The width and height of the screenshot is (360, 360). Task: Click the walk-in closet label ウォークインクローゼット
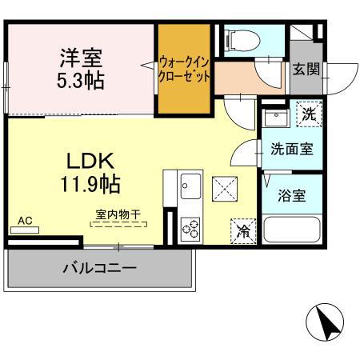click(x=185, y=69)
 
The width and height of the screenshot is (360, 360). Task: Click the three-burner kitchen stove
click(x=191, y=230)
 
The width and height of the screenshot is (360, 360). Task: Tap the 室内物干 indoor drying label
click(x=118, y=214)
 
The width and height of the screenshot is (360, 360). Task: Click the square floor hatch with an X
click(x=224, y=191)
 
